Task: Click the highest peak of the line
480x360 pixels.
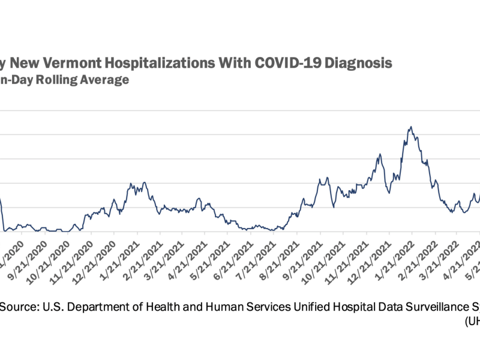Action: click(410, 127)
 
